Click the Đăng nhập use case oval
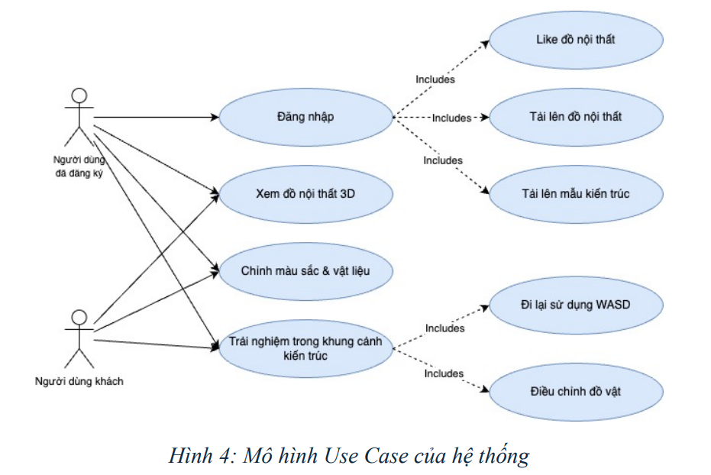[x=305, y=117]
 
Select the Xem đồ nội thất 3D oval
[x=305, y=194]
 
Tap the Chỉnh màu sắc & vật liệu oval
[x=305, y=271]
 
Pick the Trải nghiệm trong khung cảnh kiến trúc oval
[x=305, y=348]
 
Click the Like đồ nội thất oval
[x=576, y=40]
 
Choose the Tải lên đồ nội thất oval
[x=576, y=117]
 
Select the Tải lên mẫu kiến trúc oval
[x=576, y=194]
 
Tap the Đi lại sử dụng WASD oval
[x=576, y=305]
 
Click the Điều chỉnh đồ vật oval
[x=576, y=392]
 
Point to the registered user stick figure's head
[x=79, y=95]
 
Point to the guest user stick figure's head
[x=79, y=317]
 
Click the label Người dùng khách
[x=79, y=382]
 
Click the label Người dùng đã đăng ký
[x=79, y=166]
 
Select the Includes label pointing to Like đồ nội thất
[x=435, y=79]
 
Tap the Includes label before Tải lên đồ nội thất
[x=451, y=118]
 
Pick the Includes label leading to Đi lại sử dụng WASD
[x=444, y=328]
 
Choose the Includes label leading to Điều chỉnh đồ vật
[x=444, y=373]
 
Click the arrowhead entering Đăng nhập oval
[x=215, y=118]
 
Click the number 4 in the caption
[x=225, y=456]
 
